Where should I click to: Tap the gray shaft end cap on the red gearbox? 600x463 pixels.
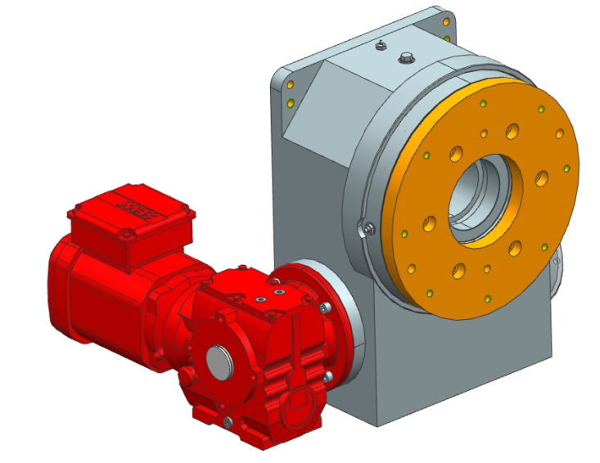218,360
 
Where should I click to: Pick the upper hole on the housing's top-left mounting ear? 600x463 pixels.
291,84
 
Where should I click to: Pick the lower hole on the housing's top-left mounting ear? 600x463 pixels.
290,102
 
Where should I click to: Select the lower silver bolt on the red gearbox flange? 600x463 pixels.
327,375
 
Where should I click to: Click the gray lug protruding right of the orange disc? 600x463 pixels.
559,270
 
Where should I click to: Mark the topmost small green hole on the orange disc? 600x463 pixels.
484,103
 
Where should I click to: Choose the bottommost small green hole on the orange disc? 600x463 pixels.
487,297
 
